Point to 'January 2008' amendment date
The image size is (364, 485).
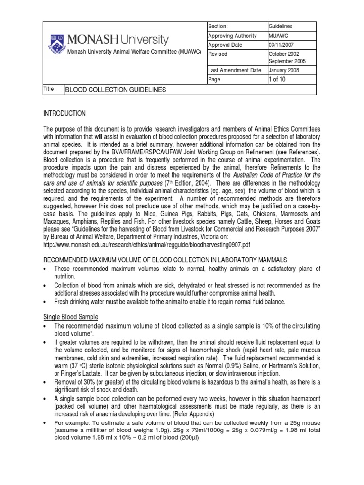(284, 70)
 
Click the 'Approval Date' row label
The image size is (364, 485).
(225, 45)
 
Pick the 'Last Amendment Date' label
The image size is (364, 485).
(235, 70)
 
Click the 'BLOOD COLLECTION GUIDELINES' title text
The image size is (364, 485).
(115, 90)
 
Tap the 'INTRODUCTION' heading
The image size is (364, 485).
(64, 113)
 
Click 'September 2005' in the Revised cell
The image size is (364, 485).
(287, 61)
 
